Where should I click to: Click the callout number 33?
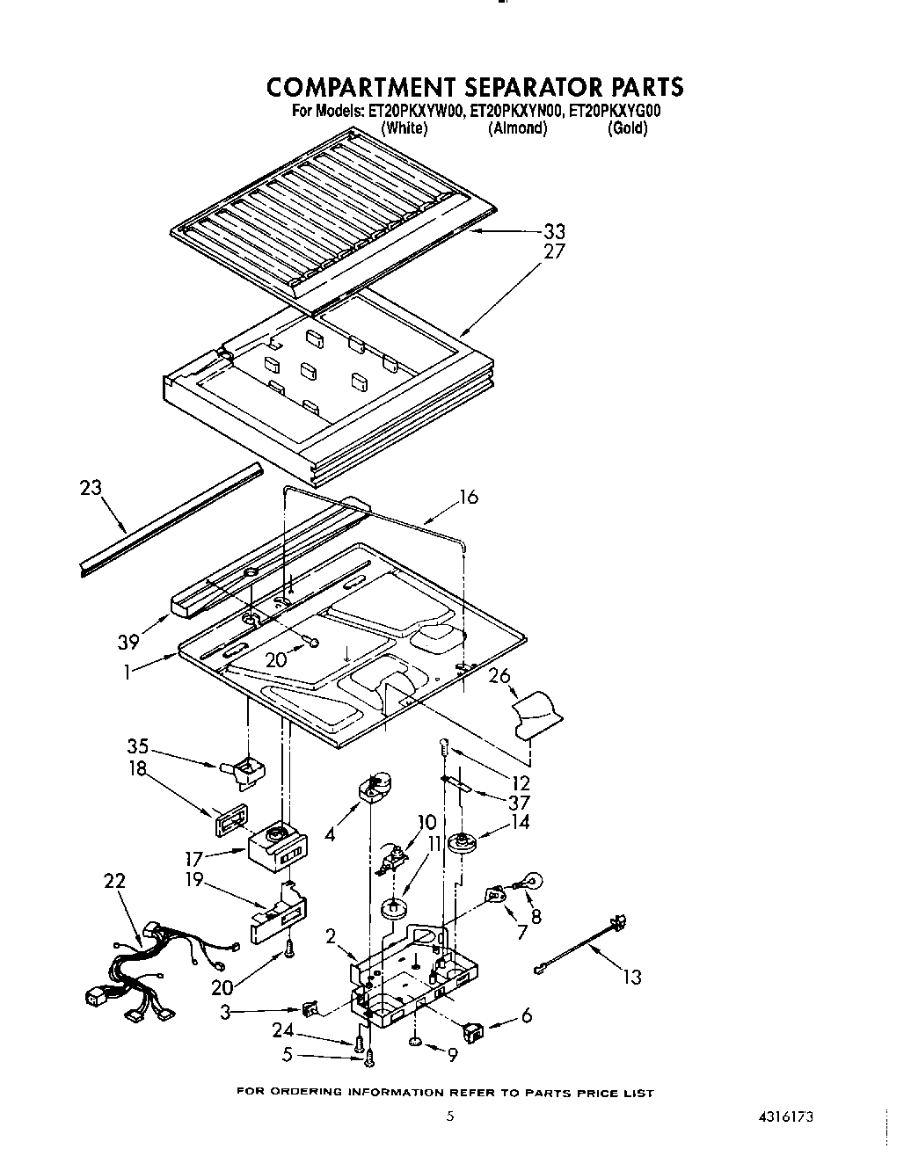coord(554,232)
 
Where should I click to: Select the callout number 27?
coord(554,251)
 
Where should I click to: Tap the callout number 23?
coord(91,488)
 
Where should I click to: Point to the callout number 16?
coord(468,498)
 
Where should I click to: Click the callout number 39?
coord(129,643)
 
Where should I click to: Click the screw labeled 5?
coord(369,1060)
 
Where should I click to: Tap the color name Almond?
coord(517,128)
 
